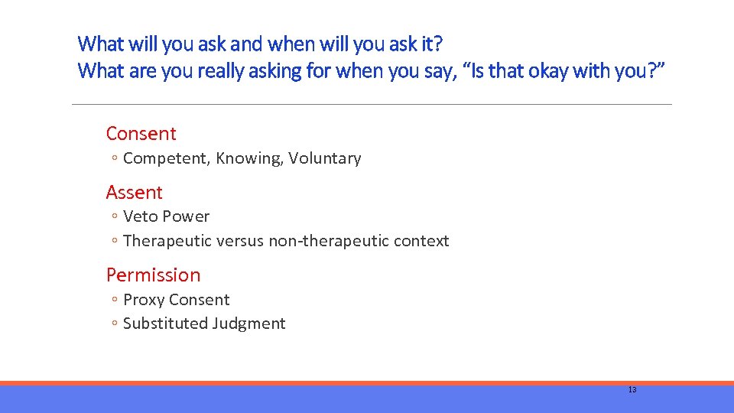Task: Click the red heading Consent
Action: tap(141, 133)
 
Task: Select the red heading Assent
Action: tap(134, 192)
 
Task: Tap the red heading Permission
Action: tap(153, 275)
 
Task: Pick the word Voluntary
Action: tap(324, 158)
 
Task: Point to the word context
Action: tap(421, 241)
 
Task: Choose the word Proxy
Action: tap(144, 300)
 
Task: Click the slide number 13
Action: tap(632, 389)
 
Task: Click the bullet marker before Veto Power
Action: tap(112, 217)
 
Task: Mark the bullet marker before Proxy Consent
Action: tap(112, 301)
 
